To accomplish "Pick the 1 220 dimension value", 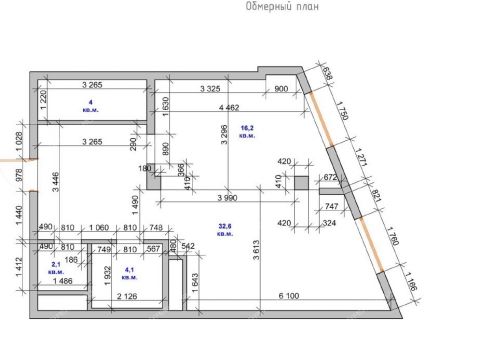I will click(44, 99).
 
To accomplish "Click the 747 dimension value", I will click(333, 206).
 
